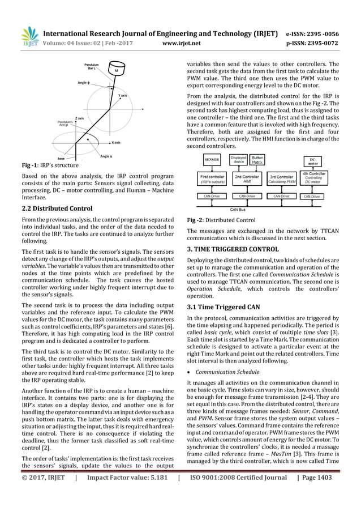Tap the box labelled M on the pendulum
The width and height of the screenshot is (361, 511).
pos(116,71)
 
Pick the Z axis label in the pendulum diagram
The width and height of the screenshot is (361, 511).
pos(80,117)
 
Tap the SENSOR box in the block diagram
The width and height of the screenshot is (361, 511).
pos(212,160)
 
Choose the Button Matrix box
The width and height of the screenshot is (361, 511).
pos(257,160)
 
